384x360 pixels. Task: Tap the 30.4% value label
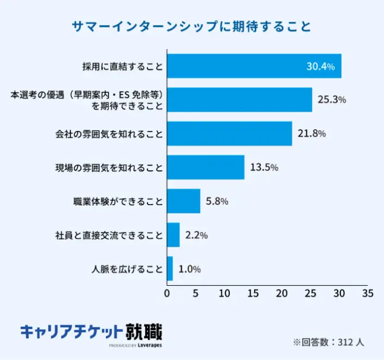(320, 67)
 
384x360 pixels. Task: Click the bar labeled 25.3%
(239, 100)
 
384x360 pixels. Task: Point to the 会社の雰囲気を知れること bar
(229, 134)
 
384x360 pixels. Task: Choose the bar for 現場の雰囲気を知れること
(206, 167)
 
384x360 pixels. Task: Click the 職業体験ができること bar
(183, 201)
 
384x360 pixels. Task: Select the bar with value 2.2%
(173, 235)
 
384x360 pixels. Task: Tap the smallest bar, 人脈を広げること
(170, 269)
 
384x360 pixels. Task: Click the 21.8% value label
(312, 134)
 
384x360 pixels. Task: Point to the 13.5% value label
(264, 167)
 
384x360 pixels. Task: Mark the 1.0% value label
(190, 269)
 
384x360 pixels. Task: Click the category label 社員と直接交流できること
(109, 235)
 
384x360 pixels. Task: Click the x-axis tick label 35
(368, 293)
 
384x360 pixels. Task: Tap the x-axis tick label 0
(167, 293)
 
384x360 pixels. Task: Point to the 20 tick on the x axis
(281, 293)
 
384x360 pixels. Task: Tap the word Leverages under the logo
(149, 345)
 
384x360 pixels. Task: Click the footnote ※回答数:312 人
(328, 343)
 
